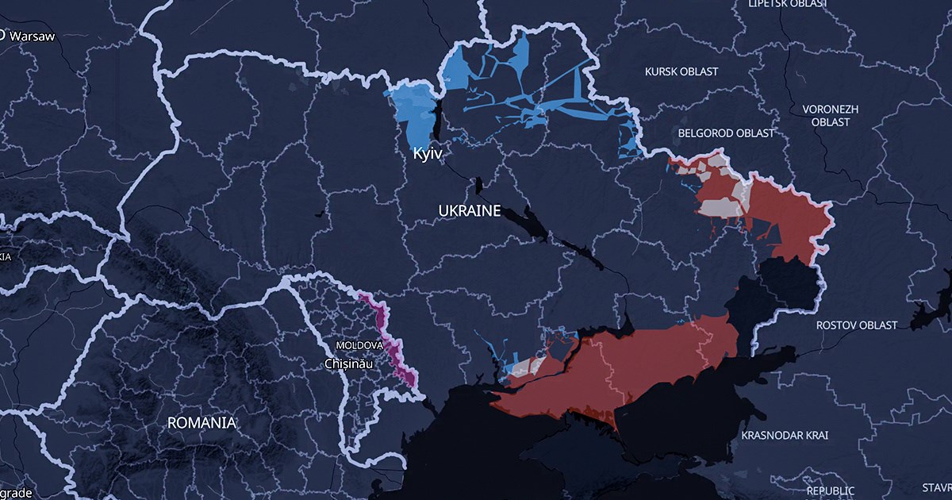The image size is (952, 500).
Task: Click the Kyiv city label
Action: click(x=427, y=154)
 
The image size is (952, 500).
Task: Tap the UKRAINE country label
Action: click(x=470, y=210)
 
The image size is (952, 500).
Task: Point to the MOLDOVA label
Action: click(x=359, y=346)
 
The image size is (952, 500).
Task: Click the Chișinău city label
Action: click(x=348, y=363)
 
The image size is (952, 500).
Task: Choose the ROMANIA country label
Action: click(x=202, y=422)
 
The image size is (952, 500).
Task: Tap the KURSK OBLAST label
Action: click(x=681, y=71)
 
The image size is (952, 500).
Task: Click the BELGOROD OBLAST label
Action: click(x=726, y=133)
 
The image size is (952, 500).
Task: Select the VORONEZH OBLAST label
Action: click(x=826, y=115)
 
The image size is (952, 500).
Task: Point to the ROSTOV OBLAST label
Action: click(x=858, y=325)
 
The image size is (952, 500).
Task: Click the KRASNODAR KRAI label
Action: click(x=785, y=436)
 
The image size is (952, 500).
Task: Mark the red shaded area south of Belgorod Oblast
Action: click(x=785, y=214)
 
